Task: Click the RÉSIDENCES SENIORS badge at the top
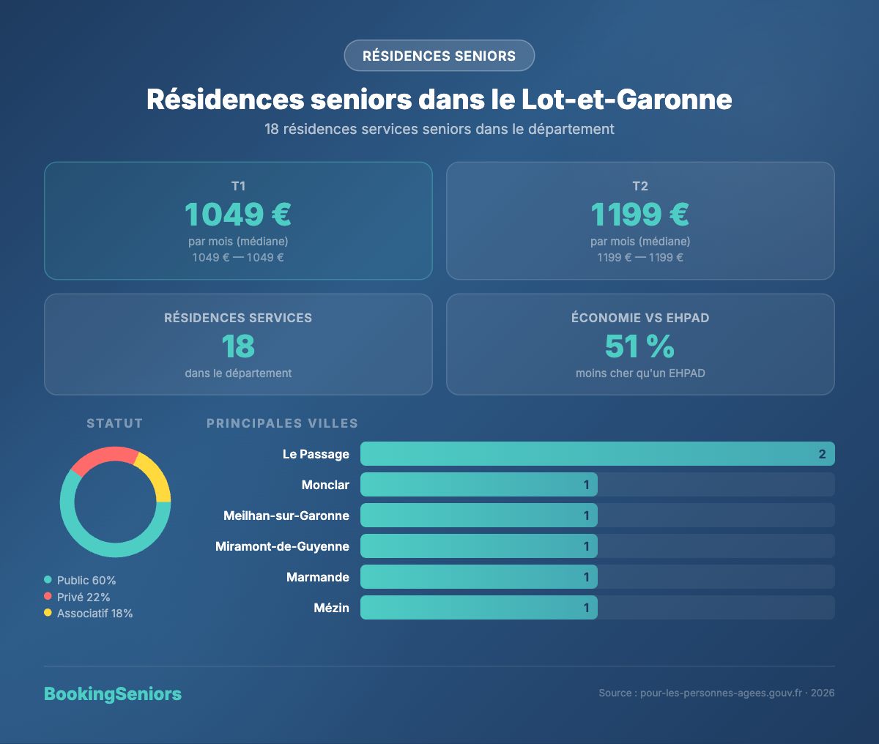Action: [439, 56]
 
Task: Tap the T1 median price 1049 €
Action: [238, 215]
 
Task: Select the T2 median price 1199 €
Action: [640, 215]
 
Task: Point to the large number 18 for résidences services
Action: [238, 346]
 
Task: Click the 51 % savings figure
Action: [640, 346]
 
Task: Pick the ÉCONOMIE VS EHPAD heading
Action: [640, 318]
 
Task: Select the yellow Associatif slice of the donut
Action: [156, 477]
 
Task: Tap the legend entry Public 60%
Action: [86, 580]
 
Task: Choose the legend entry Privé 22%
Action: [83, 597]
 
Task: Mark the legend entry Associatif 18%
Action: [94, 614]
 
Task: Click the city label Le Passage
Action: [316, 454]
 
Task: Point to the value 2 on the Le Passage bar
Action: [822, 454]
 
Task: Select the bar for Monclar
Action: [479, 485]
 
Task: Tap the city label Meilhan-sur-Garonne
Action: [286, 516]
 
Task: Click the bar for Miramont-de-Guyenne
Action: [479, 546]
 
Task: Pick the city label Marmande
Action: [318, 577]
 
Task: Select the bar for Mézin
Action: [479, 608]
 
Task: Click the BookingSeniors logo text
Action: [113, 693]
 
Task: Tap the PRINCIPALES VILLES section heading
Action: [282, 423]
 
